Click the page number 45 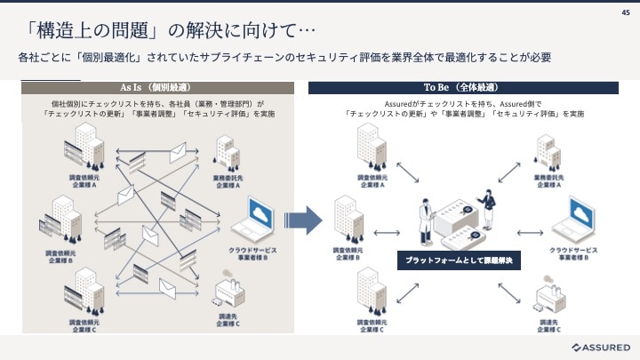625,12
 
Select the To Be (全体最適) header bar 463,88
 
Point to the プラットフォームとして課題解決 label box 459,261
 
